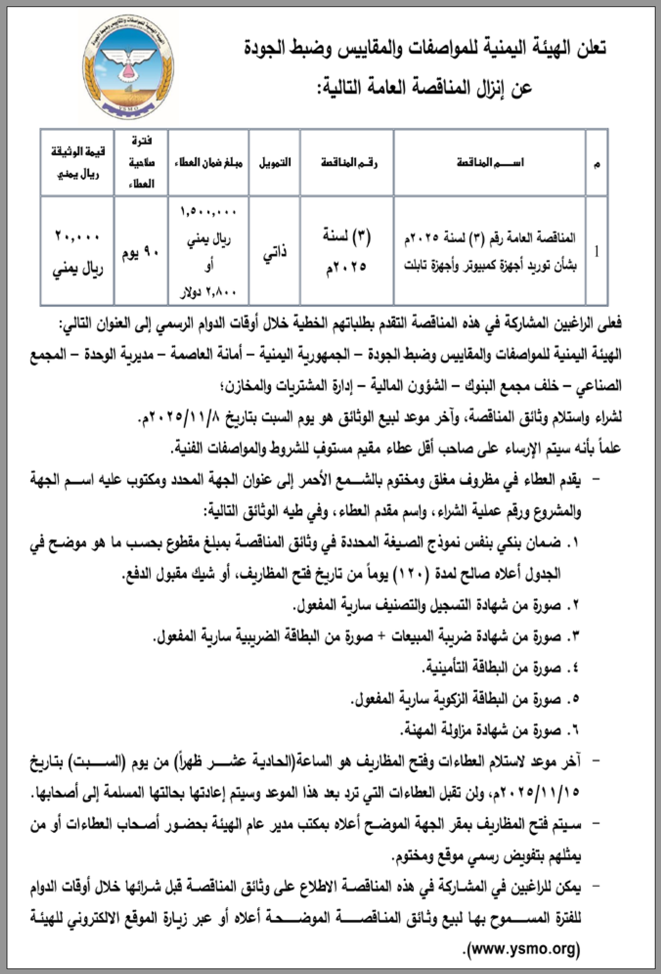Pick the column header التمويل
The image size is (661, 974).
click(275, 163)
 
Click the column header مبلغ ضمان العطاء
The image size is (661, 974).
click(208, 163)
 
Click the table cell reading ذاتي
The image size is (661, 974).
click(275, 252)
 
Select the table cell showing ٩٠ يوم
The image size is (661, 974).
click(140, 253)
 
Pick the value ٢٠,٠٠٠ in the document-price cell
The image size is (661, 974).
click(78, 237)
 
